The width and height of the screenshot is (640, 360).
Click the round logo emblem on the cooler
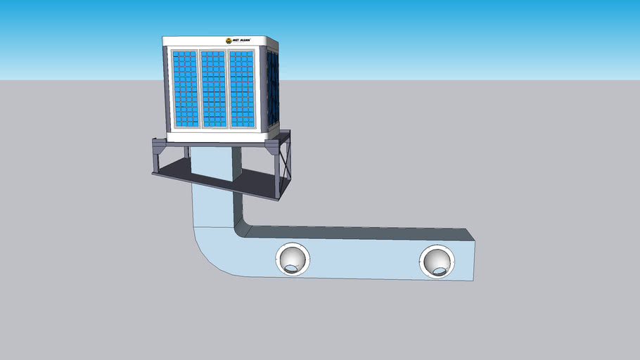(x=229, y=41)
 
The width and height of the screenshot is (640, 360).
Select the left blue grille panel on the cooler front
(x=185, y=89)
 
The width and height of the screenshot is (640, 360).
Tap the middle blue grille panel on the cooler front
(x=213, y=89)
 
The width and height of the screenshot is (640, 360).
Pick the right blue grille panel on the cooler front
(x=241, y=89)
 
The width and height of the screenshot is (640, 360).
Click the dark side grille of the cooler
(x=273, y=86)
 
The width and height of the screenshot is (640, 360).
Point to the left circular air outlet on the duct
(x=292, y=259)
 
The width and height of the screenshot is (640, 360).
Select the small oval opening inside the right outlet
(x=440, y=270)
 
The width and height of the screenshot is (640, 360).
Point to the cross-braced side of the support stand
(x=285, y=165)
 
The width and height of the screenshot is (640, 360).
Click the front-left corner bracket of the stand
(x=159, y=148)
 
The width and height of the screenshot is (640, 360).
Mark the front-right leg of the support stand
(x=276, y=176)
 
